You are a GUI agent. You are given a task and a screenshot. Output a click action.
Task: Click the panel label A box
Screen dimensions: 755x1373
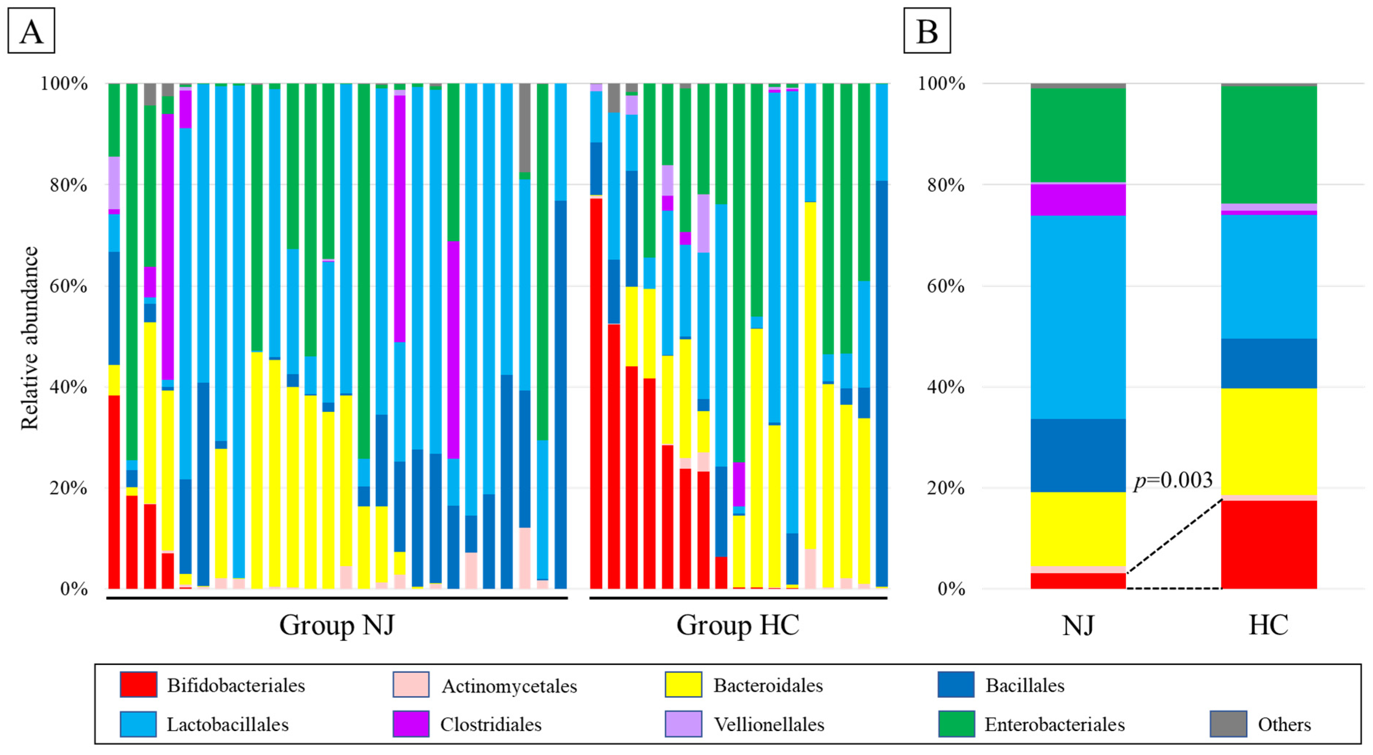coord(31,31)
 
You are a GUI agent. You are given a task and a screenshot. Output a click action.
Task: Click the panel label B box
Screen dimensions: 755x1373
coord(926,31)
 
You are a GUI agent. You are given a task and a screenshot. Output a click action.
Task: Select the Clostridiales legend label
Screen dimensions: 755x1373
coord(490,724)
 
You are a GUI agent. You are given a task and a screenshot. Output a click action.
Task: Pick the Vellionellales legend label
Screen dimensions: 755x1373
coord(769,724)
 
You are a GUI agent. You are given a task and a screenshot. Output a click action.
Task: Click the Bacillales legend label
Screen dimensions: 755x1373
coord(1024,685)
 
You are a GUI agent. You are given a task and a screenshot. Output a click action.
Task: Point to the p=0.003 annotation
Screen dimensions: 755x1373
coord(1173,480)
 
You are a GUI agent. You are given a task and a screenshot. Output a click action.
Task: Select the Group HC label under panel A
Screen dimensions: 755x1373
coord(738,625)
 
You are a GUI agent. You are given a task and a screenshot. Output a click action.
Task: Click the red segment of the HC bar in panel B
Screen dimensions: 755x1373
coord(1268,544)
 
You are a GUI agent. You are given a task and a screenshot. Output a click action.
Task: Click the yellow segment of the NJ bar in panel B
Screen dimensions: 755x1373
coord(1078,528)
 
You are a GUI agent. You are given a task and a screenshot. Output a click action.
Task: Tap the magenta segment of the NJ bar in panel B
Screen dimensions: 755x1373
coord(1078,200)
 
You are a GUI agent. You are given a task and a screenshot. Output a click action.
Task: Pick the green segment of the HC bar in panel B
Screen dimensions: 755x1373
coord(1268,144)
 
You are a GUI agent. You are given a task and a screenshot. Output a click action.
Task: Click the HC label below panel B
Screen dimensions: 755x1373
coord(1268,625)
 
